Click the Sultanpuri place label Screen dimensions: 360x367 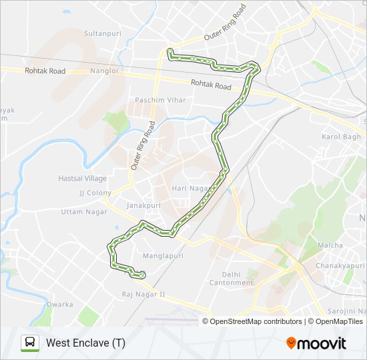click(x=101, y=32)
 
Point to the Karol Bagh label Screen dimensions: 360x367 click(x=340, y=137)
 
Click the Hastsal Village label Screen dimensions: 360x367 click(x=82, y=179)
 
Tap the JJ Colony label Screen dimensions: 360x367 click(x=95, y=193)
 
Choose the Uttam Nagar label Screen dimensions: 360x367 click(x=79, y=211)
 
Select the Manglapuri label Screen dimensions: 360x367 click(x=163, y=255)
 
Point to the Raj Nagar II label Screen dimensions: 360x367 click(x=143, y=294)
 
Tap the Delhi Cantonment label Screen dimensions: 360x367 click(x=238, y=278)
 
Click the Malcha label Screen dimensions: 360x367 click(x=330, y=245)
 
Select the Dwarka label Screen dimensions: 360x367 click(x=59, y=304)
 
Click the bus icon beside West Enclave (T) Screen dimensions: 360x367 click(x=29, y=343)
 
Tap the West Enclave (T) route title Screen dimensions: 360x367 click(x=85, y=343)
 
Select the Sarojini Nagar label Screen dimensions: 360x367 click(x=346, y=311)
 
